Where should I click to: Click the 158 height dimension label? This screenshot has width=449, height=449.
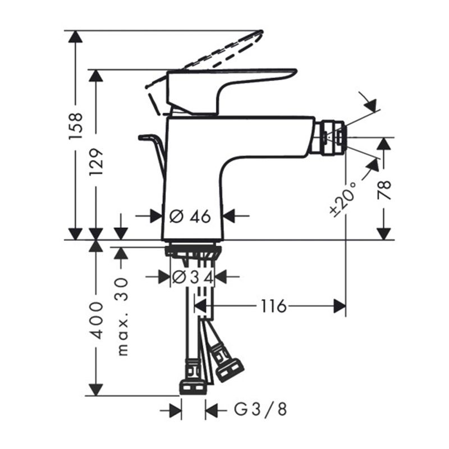coord(76,126)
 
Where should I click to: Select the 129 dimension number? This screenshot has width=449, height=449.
coord(96,162)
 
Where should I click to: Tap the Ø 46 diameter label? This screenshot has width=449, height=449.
coord(190,216)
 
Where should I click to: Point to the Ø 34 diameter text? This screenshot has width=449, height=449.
coord(193,277)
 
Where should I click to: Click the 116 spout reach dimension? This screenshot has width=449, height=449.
coord(273,306)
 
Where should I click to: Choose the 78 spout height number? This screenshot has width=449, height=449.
coord(384,190)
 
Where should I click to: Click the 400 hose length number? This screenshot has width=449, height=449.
coord(96,320)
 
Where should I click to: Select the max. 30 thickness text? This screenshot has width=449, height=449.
coord(122,317)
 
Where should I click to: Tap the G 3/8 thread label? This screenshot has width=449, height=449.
coord(260,410)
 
